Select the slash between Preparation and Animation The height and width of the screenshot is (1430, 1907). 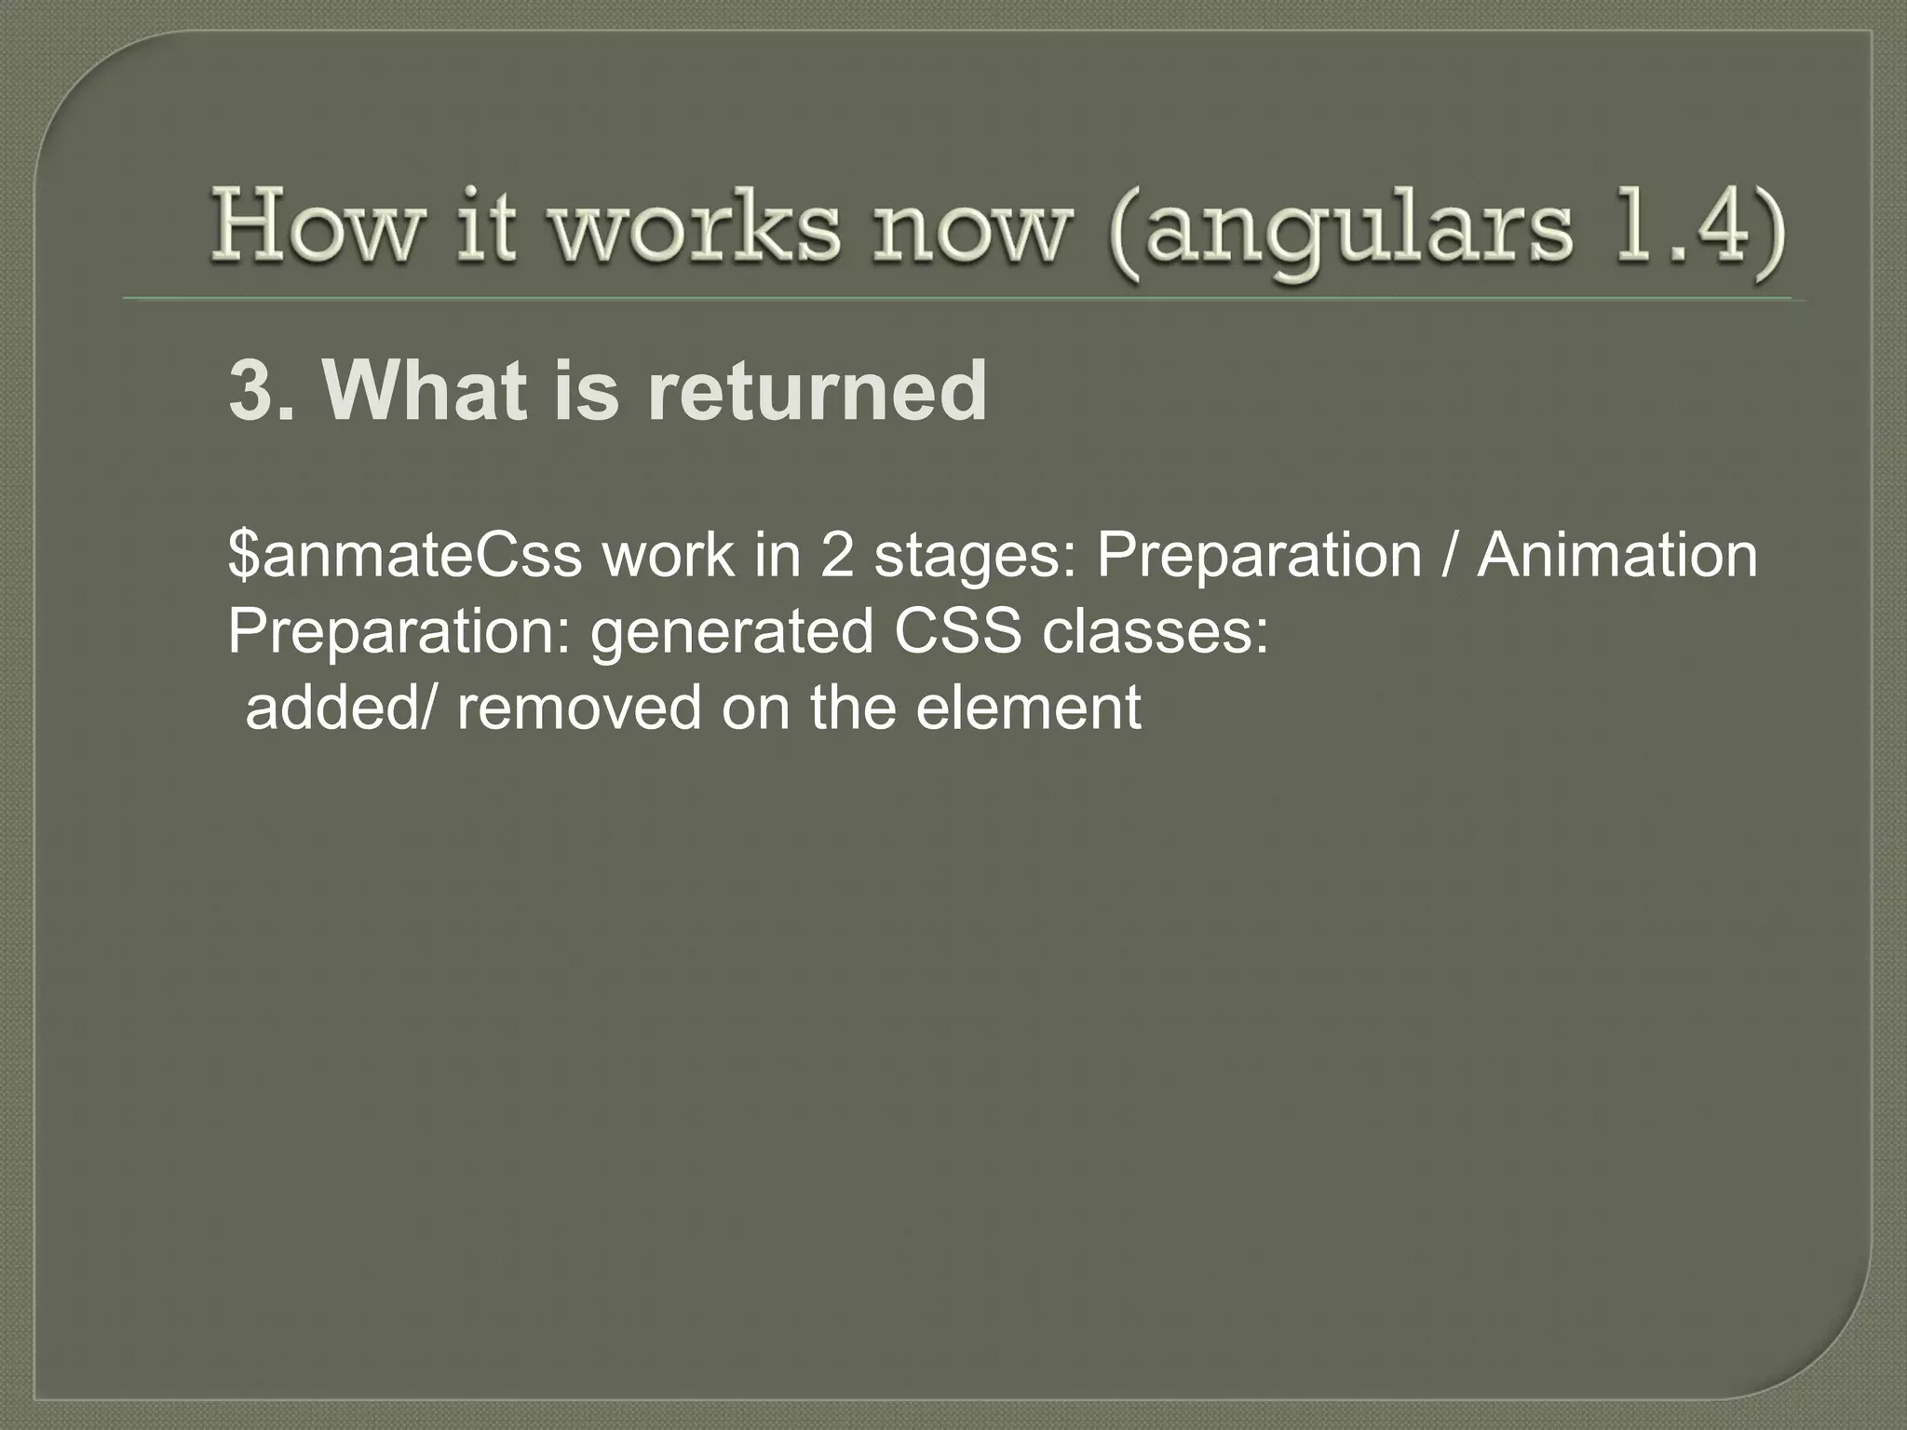click(x=1450, y=556)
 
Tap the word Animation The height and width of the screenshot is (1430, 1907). click(x=1617, y=556)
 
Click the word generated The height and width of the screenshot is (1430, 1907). click(x=732, y=634)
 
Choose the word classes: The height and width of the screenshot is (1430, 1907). click(x=1155, y=632)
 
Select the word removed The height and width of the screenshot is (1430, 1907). click(x=578, y=708)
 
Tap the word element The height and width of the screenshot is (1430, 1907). click(x=1028, y=708)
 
